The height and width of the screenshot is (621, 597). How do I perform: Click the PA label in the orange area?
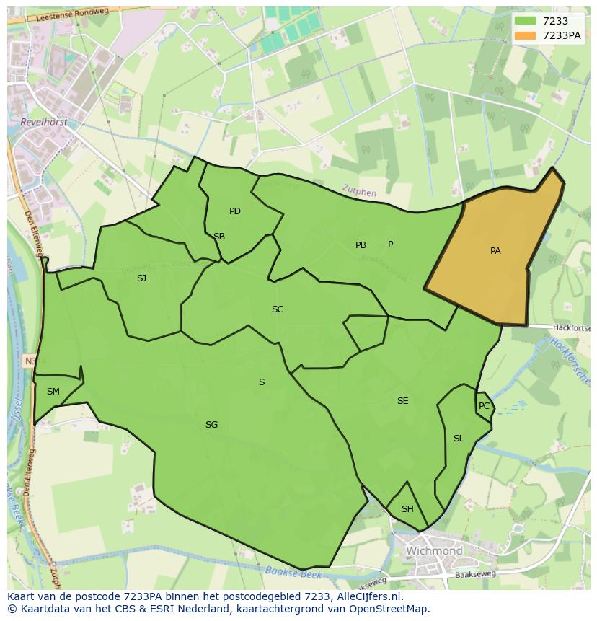[495, 251]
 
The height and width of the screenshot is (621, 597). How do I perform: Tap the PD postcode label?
[235, 211]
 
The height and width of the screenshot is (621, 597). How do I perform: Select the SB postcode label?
[219, 237]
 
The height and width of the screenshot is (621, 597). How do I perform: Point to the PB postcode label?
[361, 245]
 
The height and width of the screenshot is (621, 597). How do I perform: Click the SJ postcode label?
[141, 278]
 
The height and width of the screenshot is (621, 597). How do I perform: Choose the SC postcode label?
[278, 309]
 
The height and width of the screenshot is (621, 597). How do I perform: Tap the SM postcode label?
[53, 392]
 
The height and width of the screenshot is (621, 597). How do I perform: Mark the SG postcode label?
[211, 425]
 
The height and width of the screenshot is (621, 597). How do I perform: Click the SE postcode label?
[402, 401]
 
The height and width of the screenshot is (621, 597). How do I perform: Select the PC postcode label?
[484, 406]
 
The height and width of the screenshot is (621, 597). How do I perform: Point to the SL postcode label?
[459, 439]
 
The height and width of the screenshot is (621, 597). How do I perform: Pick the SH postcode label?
[407, 509]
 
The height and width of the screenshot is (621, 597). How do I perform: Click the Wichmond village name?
[434, 551]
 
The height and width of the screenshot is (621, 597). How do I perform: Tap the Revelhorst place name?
[45, 123]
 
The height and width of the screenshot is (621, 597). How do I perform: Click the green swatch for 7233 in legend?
[526, 21]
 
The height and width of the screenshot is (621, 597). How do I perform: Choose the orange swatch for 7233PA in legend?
[526, 35]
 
